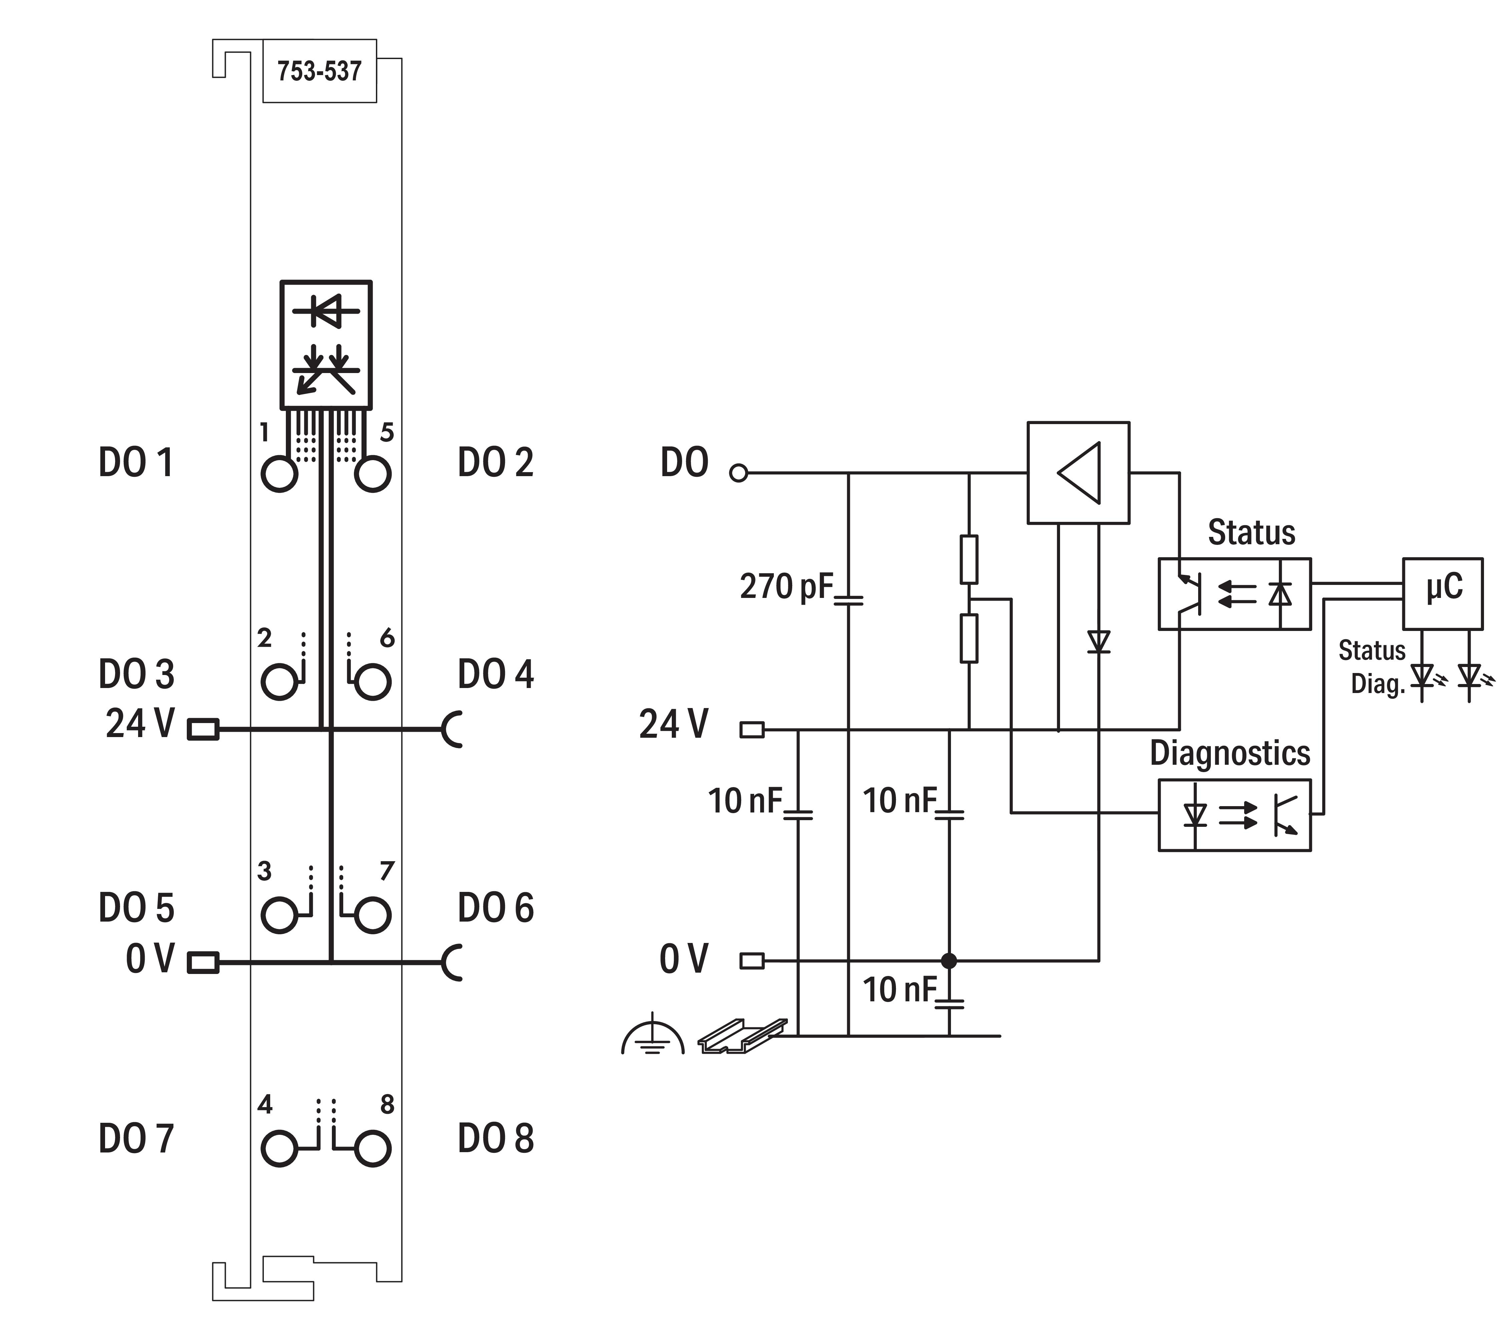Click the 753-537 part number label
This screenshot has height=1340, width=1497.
[x=320, y=71]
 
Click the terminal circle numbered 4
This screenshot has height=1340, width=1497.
[x=280, y=1148]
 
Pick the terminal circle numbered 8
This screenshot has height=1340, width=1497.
[x=372, y=1148]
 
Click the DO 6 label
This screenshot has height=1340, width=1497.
[x=495, y=908]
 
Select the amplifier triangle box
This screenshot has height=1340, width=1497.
[x=1078, y=473]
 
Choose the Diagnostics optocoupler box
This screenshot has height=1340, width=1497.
[x=1234, y=815]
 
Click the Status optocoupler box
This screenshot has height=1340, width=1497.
[x=1234, y=594]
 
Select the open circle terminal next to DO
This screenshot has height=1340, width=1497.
[x=738, y=473]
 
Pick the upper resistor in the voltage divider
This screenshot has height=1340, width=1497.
[x=969, y=560]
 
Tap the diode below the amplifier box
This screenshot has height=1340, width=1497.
[x=1099, y=642]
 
